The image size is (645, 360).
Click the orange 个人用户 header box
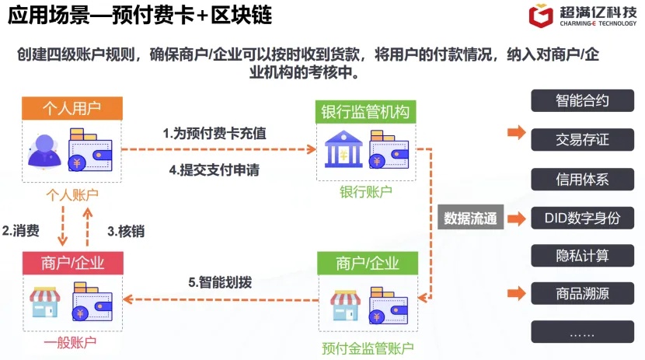click(x=72, y=108)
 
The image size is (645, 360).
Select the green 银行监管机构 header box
click(x=366, y=112)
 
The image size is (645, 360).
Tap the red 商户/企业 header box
click(x=73, y=263)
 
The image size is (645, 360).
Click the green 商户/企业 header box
click(x=368, y=264)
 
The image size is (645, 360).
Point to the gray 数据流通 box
click(x=471, y=217)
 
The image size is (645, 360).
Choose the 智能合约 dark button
click(x=582, y=100)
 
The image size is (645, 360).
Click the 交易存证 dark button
click(x=582, y=139)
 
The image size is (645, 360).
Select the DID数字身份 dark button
click(x=582, y=218)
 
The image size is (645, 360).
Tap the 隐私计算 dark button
click(x=582, y=256)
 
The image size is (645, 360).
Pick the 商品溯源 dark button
click(x=582, y=293)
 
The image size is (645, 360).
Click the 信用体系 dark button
click(x=582, y=179)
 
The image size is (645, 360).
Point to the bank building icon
click(x=343, y=149)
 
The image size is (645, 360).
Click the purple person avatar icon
click(x=44, y=152)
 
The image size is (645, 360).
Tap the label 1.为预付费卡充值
click(x=214, y=133)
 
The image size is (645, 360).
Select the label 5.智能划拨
click(x=220, y=282)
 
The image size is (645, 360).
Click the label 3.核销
click(x=126, y=231)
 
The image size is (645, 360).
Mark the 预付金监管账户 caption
click(x=368, y=348)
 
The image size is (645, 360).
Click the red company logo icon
click(x=541, y=16)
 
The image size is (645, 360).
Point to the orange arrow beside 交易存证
click(x=516, y=132)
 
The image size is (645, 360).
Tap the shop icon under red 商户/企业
click(x=45, y=302)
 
